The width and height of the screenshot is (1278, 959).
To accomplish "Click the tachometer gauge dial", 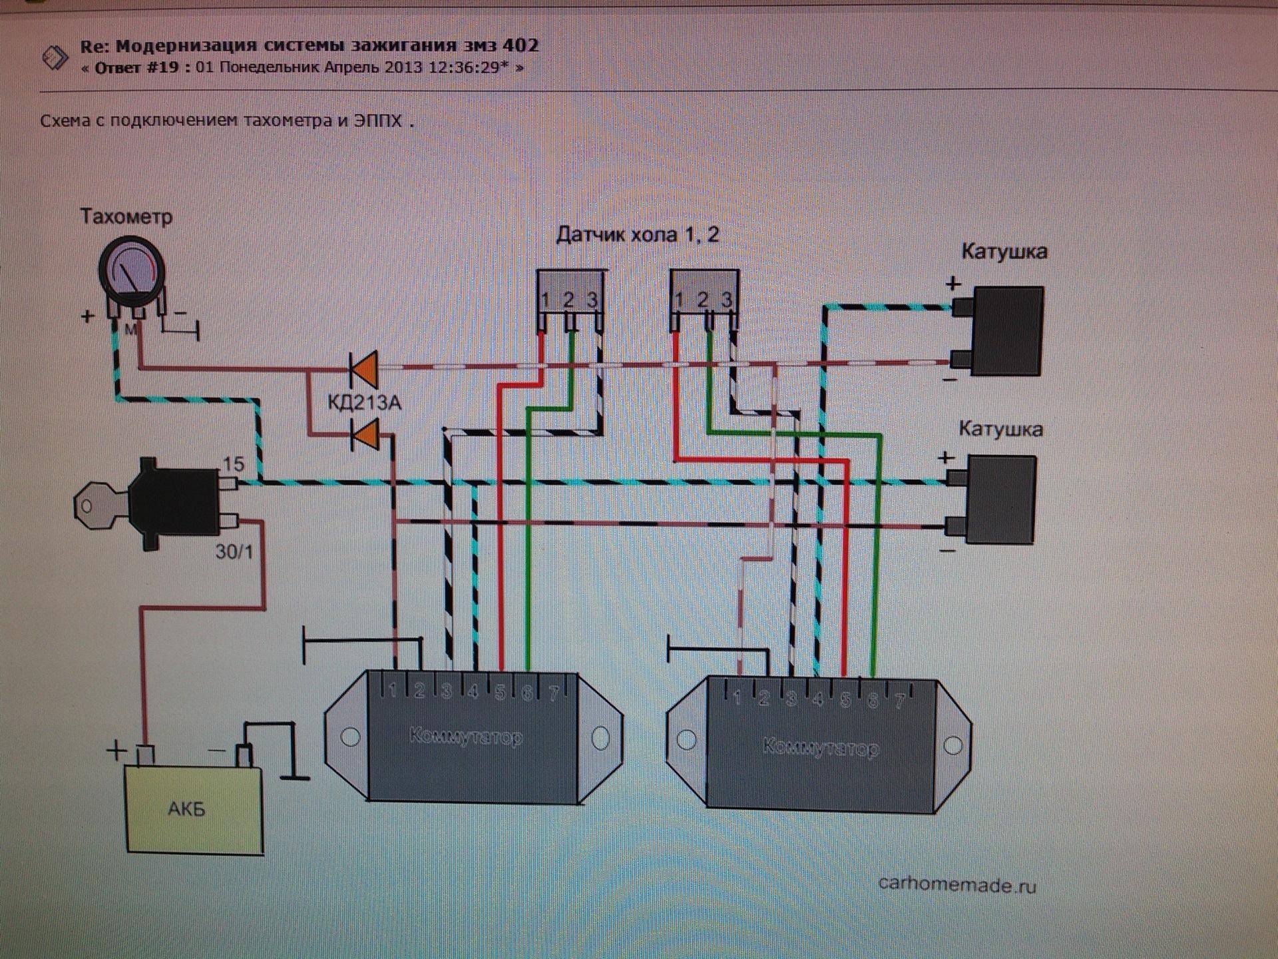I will [x=132, y=270].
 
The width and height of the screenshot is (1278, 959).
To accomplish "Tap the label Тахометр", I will [x=126, y=216].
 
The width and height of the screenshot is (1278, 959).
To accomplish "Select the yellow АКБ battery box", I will [x=194, y=809].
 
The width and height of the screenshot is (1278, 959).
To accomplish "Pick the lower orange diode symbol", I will [x=365, y=435].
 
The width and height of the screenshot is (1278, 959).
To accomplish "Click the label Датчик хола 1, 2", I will [x=637, y=235].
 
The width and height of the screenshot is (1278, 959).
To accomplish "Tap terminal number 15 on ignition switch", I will [x=234, y=464].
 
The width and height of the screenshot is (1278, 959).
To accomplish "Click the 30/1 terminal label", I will [x=234, y=551].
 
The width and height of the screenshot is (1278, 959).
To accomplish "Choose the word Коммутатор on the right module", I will [x=820, y=748].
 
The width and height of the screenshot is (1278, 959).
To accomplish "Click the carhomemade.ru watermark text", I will [x=957, y=884].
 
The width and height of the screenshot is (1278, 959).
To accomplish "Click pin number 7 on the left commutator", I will [x=554, y=693].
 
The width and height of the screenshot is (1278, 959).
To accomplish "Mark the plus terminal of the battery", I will [x=145, y=755].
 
